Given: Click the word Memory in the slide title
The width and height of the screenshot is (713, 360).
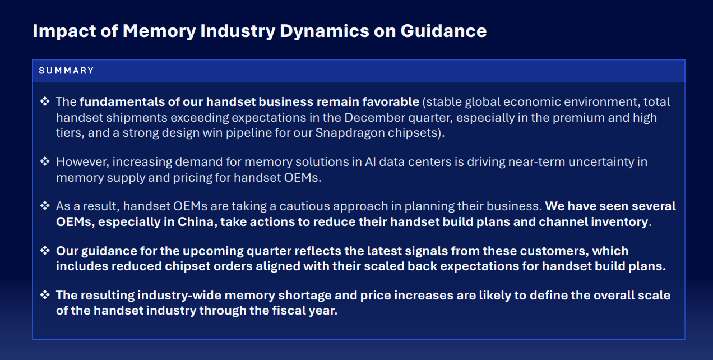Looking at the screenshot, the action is click(x=159, y=31).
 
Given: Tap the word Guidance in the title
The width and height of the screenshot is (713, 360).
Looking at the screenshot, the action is click(x=444, y=31).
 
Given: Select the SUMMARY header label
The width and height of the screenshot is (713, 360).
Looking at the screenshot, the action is click(x=66, y=70).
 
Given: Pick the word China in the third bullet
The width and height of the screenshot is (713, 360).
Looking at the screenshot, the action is click(x=196, y=222).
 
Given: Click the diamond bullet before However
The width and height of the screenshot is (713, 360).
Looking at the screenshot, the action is click(x=45, y=161).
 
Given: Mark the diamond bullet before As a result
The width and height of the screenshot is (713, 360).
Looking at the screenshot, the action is click(x=45, y=206).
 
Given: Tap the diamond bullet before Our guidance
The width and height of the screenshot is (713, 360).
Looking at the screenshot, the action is click(x=45, y=251).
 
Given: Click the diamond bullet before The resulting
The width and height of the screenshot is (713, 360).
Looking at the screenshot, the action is click(x=45, y=295).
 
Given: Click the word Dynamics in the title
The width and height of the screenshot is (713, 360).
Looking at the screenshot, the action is click(x=325, y=31).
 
